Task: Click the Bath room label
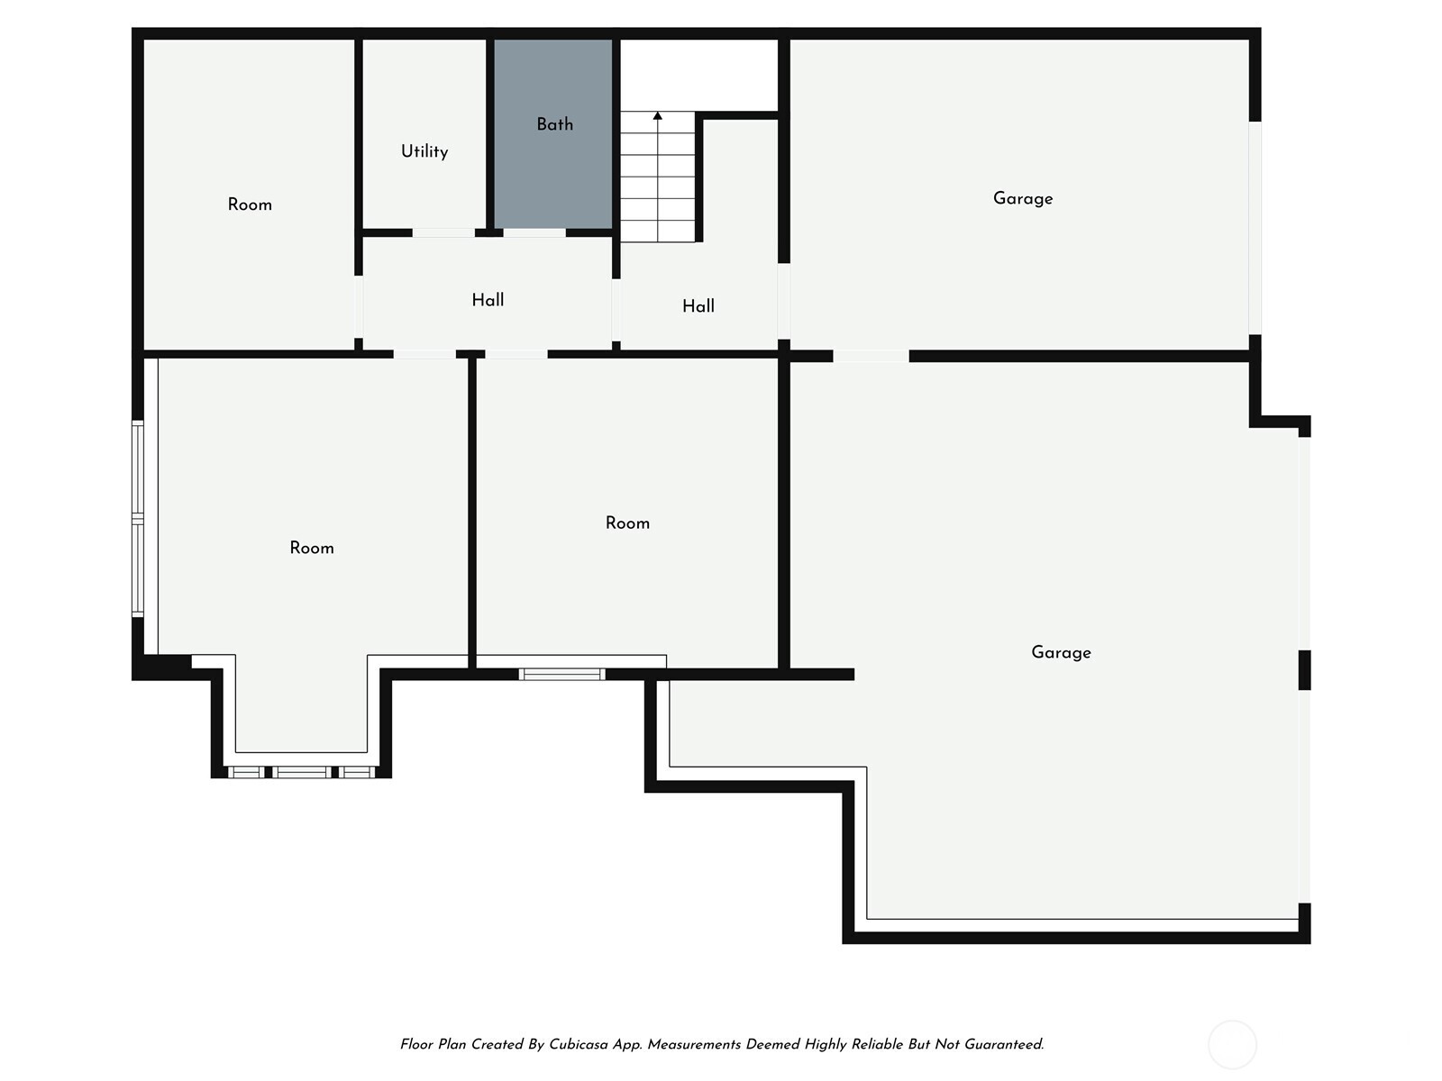click(x=554, y=124)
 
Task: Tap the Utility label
click(x=424, y=151)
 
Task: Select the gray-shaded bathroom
click(x=553, y=134)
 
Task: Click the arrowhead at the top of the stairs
click(x=658, y=116)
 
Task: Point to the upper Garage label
click(x=1023, y=199)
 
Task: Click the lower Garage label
click(x=1061, y=652)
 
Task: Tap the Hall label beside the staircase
click(x=698, y=306)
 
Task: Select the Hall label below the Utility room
click(x=488, y=300)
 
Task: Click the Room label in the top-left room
click(x=250, y=204)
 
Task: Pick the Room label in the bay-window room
click(x=312, y=548)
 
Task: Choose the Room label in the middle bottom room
click(x=627, y=523)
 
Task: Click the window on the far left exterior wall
click(x=138, y=519)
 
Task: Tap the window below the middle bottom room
click(x=561, y=674)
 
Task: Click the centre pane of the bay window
click(x=302, y=772)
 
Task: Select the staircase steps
click(x=658, y=177)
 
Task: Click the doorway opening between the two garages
click(x=872, y=356)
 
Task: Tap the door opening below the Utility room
click(x=443, y=233)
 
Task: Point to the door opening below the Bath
click(x=534, y=233)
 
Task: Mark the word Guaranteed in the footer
click(x=1004, y=1044)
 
